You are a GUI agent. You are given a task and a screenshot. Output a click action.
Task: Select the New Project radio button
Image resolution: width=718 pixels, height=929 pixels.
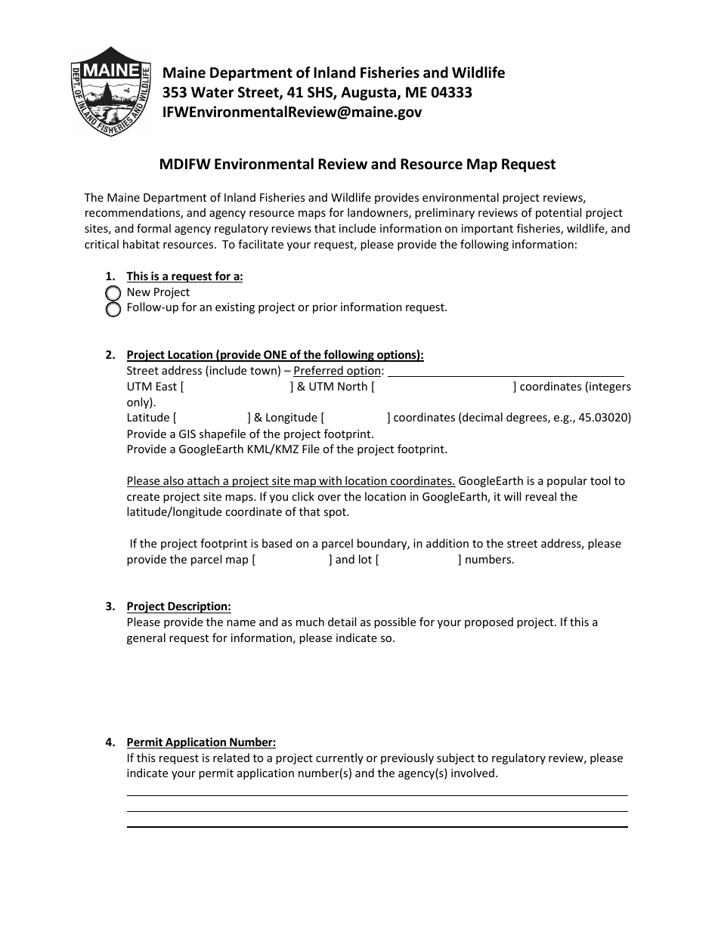[113, 293]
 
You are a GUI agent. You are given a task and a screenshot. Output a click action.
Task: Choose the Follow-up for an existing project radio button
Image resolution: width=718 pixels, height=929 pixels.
[113, 309]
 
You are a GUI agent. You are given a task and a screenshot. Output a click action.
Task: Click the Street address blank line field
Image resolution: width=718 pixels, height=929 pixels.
[506, 371]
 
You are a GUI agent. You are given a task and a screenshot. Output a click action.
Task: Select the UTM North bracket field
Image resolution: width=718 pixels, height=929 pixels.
[444, 387]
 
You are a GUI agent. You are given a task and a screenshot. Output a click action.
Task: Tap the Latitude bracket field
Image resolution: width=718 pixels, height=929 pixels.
[212, 418]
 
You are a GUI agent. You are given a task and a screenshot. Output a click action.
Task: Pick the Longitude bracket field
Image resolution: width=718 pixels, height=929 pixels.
[355, 418]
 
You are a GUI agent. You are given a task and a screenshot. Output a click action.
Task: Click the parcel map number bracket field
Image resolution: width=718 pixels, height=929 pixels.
[292, 560]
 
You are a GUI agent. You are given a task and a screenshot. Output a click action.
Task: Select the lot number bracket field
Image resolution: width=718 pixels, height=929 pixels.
[418, 560]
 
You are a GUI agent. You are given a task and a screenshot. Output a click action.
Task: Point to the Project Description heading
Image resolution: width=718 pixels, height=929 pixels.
[178, 606]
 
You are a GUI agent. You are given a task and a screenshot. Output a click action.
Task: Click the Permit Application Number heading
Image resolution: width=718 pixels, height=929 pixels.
[201, 742]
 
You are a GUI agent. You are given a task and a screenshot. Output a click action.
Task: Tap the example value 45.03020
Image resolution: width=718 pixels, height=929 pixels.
[605, 418]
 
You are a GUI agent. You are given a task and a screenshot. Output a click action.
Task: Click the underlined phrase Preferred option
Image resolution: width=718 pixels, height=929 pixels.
[337, 371]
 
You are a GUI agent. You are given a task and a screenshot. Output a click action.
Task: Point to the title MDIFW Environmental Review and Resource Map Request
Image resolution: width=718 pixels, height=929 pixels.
[357, 164]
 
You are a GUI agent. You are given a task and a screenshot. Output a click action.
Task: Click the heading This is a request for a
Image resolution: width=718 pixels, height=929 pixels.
[184, 276]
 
